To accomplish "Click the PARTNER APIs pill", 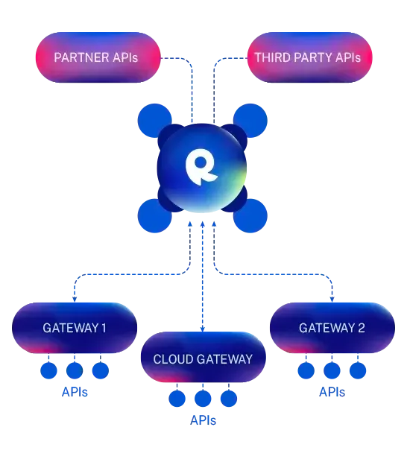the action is point(98,57).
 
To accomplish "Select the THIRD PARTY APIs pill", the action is point(310,57).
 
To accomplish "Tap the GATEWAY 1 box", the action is point(75,328).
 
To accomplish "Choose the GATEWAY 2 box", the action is point(332,328).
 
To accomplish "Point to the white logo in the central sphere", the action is point(201,167).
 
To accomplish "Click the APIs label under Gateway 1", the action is point(75,392).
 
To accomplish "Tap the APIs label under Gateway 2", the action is point(332,392).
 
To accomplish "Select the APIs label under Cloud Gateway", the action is point(203,420).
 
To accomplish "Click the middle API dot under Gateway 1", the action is point(75,370).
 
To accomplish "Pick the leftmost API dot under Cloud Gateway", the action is point(177,399).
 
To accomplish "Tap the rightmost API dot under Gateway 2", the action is point(358,370).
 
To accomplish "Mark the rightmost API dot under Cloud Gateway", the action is point(229,399).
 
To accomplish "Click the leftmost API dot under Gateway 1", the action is point(48,370).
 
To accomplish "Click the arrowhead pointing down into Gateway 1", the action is point(75,300).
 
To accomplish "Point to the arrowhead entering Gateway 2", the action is point(332,300).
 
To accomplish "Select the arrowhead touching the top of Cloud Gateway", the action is point(203,329).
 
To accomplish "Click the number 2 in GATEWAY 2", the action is point(362,328).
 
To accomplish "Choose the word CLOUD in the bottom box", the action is point(173,359).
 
